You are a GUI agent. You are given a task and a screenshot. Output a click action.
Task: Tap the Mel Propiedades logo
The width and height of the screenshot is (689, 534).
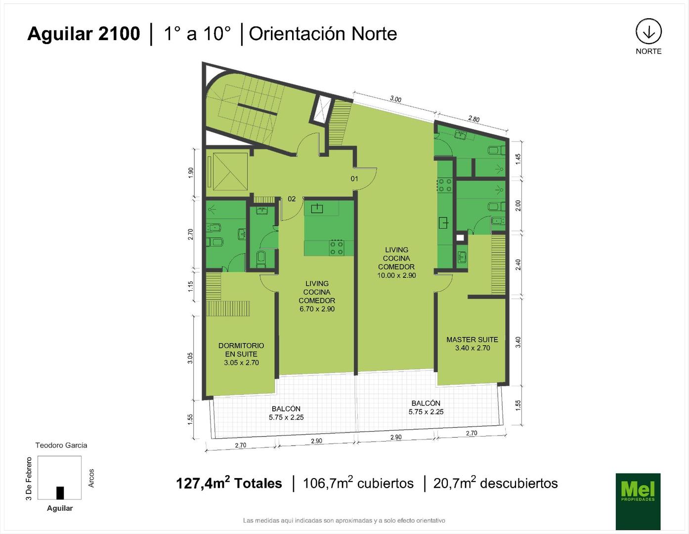pyautogui.click(x=638, y=501)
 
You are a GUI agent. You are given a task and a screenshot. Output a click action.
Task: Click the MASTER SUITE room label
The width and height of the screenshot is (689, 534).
pyautogui.click(x=472, y=339)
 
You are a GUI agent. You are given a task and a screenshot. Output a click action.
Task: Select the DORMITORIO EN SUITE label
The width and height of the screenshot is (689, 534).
pyautogui.click(x=241, y=350)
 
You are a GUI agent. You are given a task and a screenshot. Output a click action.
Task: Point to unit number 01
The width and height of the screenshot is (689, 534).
pyautogui.click(x=354, y=179)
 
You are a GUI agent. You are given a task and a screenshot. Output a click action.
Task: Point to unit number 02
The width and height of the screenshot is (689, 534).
pyautogui.click(x=292, y=199)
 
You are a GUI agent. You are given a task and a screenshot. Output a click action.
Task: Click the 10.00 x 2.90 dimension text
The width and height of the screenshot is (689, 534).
pyautogui.click(x=396, y=275)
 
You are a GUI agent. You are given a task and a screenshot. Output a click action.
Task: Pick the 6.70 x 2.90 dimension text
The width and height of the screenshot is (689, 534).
pyautogui.click(x=317, y=309)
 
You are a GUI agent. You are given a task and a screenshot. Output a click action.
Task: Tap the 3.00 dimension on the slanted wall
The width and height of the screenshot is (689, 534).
pyautogui.click(x=395, y=99)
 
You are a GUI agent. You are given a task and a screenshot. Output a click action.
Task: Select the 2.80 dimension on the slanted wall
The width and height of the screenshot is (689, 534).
pyautogui.click(x=474, y=119)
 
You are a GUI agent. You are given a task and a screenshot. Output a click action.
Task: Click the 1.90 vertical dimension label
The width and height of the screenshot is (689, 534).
pyautogui.click(x=191, y=173)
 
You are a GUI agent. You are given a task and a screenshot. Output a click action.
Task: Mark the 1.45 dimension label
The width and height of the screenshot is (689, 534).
pyautogui.click(x=518, y=159)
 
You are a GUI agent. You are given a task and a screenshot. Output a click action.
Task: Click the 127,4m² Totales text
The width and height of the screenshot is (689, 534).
pyautogui.click(x=229, y=483)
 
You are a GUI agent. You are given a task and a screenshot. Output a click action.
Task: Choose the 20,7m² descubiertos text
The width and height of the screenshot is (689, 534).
pyautogui.click(x=496, y=483)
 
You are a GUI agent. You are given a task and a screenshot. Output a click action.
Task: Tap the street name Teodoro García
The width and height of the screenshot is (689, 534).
pyautogui.click(x=61, y=445)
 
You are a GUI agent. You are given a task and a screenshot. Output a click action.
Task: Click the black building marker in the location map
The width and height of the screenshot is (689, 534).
pyautogui.click(x=60, y=493)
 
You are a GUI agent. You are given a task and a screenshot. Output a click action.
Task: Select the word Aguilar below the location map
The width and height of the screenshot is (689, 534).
pyautogui.click(x=60, y=508)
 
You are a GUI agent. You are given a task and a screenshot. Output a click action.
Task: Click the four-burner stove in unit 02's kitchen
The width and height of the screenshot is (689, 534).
pyautogui.click(x=337, y=248)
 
